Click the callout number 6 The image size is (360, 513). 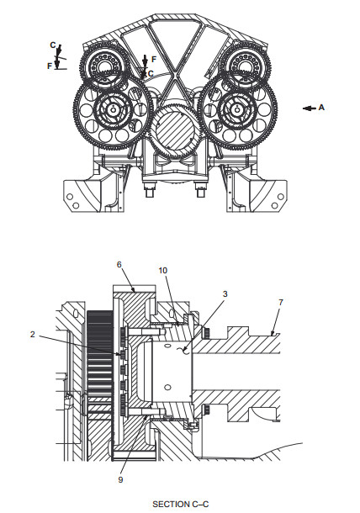(119, 264)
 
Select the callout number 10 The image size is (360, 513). (162, 270)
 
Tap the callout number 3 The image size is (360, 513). (225, 294)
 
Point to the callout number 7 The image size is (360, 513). (280, 302)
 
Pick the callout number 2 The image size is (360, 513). (33, 334)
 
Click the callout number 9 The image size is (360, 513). (120, 479)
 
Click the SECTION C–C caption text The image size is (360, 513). (180, 504)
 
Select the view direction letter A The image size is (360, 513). (321, 108)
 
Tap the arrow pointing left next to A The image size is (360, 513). (310, 108)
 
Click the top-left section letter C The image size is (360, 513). (53, 45)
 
